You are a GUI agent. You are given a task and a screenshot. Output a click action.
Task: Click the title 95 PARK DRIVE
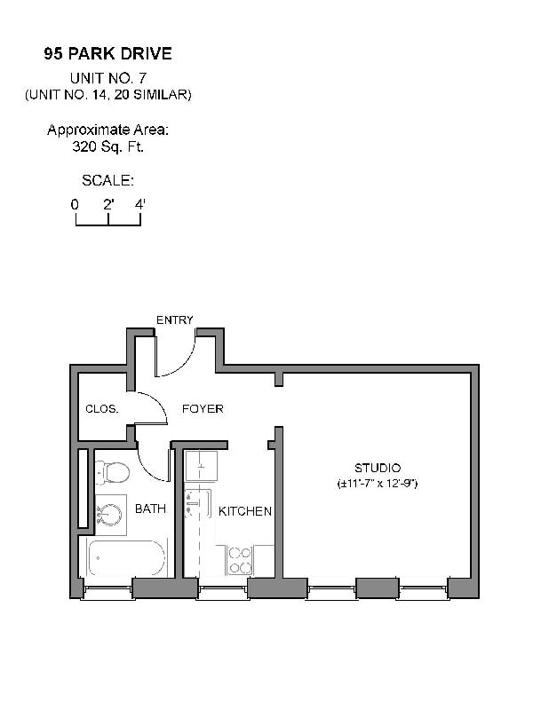[x=107, y=54]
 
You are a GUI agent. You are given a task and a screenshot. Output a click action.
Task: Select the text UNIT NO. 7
[x=107, y=78]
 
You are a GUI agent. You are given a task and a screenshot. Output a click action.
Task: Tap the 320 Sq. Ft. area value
[x=107, y=146]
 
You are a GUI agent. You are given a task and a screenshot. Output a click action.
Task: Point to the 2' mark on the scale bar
[x=107, y=205]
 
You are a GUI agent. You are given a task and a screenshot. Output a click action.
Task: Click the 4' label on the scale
[x=139, y=205]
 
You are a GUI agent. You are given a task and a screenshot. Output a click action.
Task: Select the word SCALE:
[x=107, y=180]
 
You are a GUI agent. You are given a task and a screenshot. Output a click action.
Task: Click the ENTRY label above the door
[x=174, y=319]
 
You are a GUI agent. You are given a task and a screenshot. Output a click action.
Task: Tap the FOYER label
[x=203, y=409]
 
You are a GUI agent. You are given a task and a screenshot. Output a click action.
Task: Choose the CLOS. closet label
[x=101, y=409]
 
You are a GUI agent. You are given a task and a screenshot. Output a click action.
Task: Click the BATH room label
[x=150, y=509]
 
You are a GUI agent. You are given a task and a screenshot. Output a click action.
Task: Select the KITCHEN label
[x=245, y=511]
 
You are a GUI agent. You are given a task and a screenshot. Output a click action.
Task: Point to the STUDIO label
[x=378, y=468]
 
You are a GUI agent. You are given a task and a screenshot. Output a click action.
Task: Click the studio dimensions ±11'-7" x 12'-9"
[x=378, y=485]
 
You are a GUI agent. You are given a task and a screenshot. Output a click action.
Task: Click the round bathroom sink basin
[x=110, y=515]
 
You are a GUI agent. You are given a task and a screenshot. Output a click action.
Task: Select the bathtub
[x=125, y=558]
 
